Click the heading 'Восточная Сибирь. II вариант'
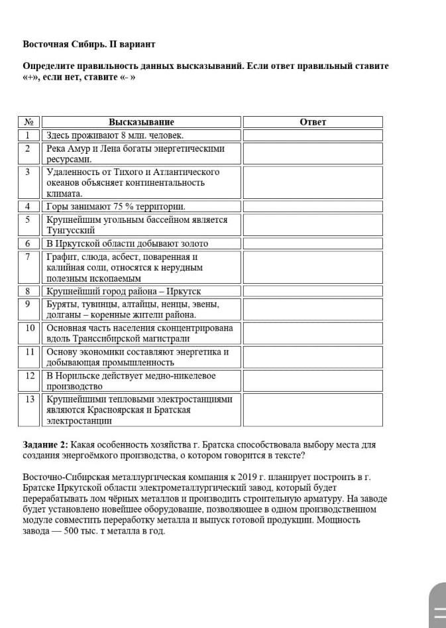[x=89, y=44]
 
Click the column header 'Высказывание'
[x=141, y=122]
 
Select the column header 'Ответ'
[x=313, y=122]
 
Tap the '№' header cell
[x=29, y=122]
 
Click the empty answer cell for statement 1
[x=313, y=135]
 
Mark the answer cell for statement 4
[x=313, y=206]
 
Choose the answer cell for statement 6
[x=313, y=243]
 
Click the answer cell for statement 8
[x=313, y=291]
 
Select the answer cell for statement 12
[x=313, y=381]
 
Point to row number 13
[x=29, y=399]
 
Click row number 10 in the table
[x=29, y=328]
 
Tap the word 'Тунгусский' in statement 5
[x=66, y=231]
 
